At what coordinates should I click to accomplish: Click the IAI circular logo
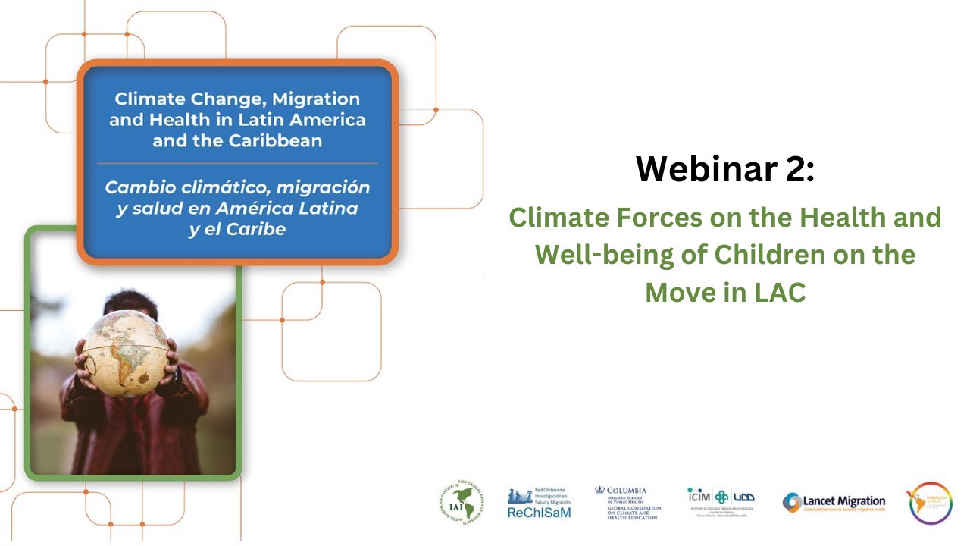click(462, 503)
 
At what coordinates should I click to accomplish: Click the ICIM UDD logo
click(720, 501)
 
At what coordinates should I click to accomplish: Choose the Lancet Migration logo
click(834, 503)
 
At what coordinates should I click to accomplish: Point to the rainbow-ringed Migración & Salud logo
click(930, 503)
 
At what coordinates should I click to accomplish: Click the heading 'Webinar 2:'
click(724, 168)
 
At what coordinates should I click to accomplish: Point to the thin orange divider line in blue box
click(237, 163)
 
